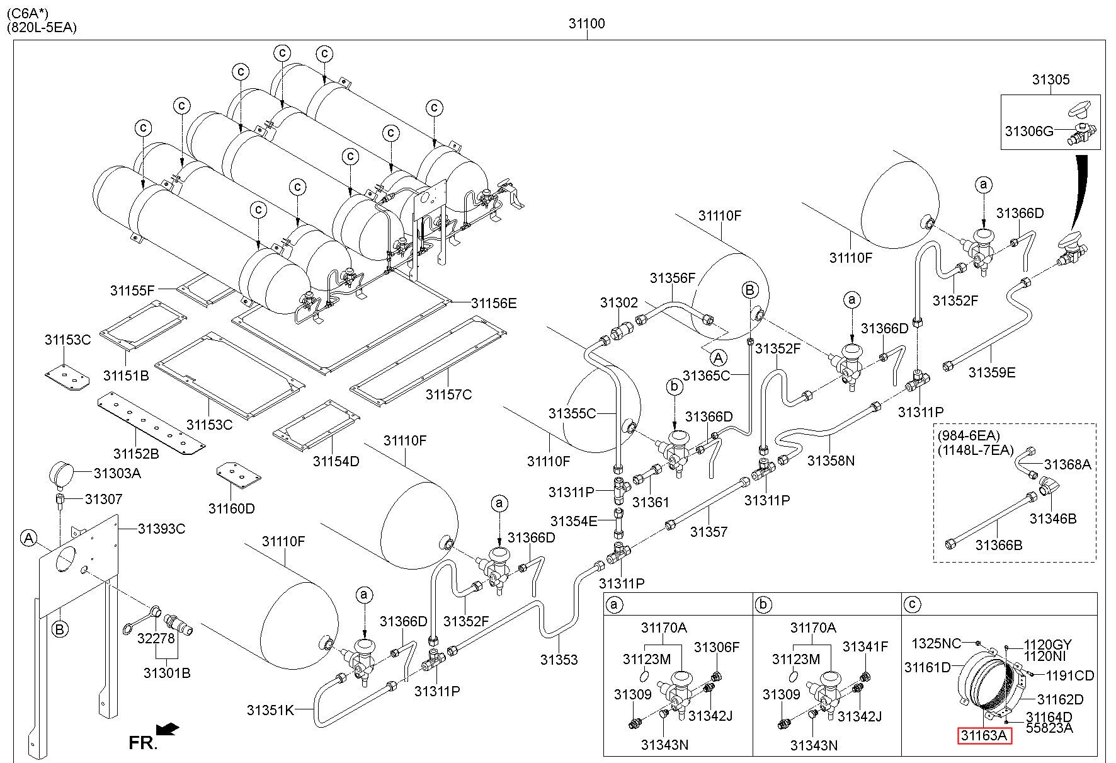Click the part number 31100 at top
tap(586, 24)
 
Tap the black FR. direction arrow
tap(167, 730)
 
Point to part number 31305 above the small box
tap(1051, 80)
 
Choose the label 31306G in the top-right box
tap(1029, 131)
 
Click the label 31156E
tap(494, 304)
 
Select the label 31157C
tap(448, 395)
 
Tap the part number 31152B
tap(136, 454)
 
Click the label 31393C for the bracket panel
tap(162, 529)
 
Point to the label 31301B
tap(167, 673)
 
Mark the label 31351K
tap(270, 710)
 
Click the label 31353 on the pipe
tap(559, 660)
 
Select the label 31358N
tap(831, 461)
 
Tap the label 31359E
tap(992, 372)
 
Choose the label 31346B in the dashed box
tap(1053, 519)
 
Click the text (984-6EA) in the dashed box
tap(969, 435)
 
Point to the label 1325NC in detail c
tap(937, 643)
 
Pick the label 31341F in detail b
tap(865, 647)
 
